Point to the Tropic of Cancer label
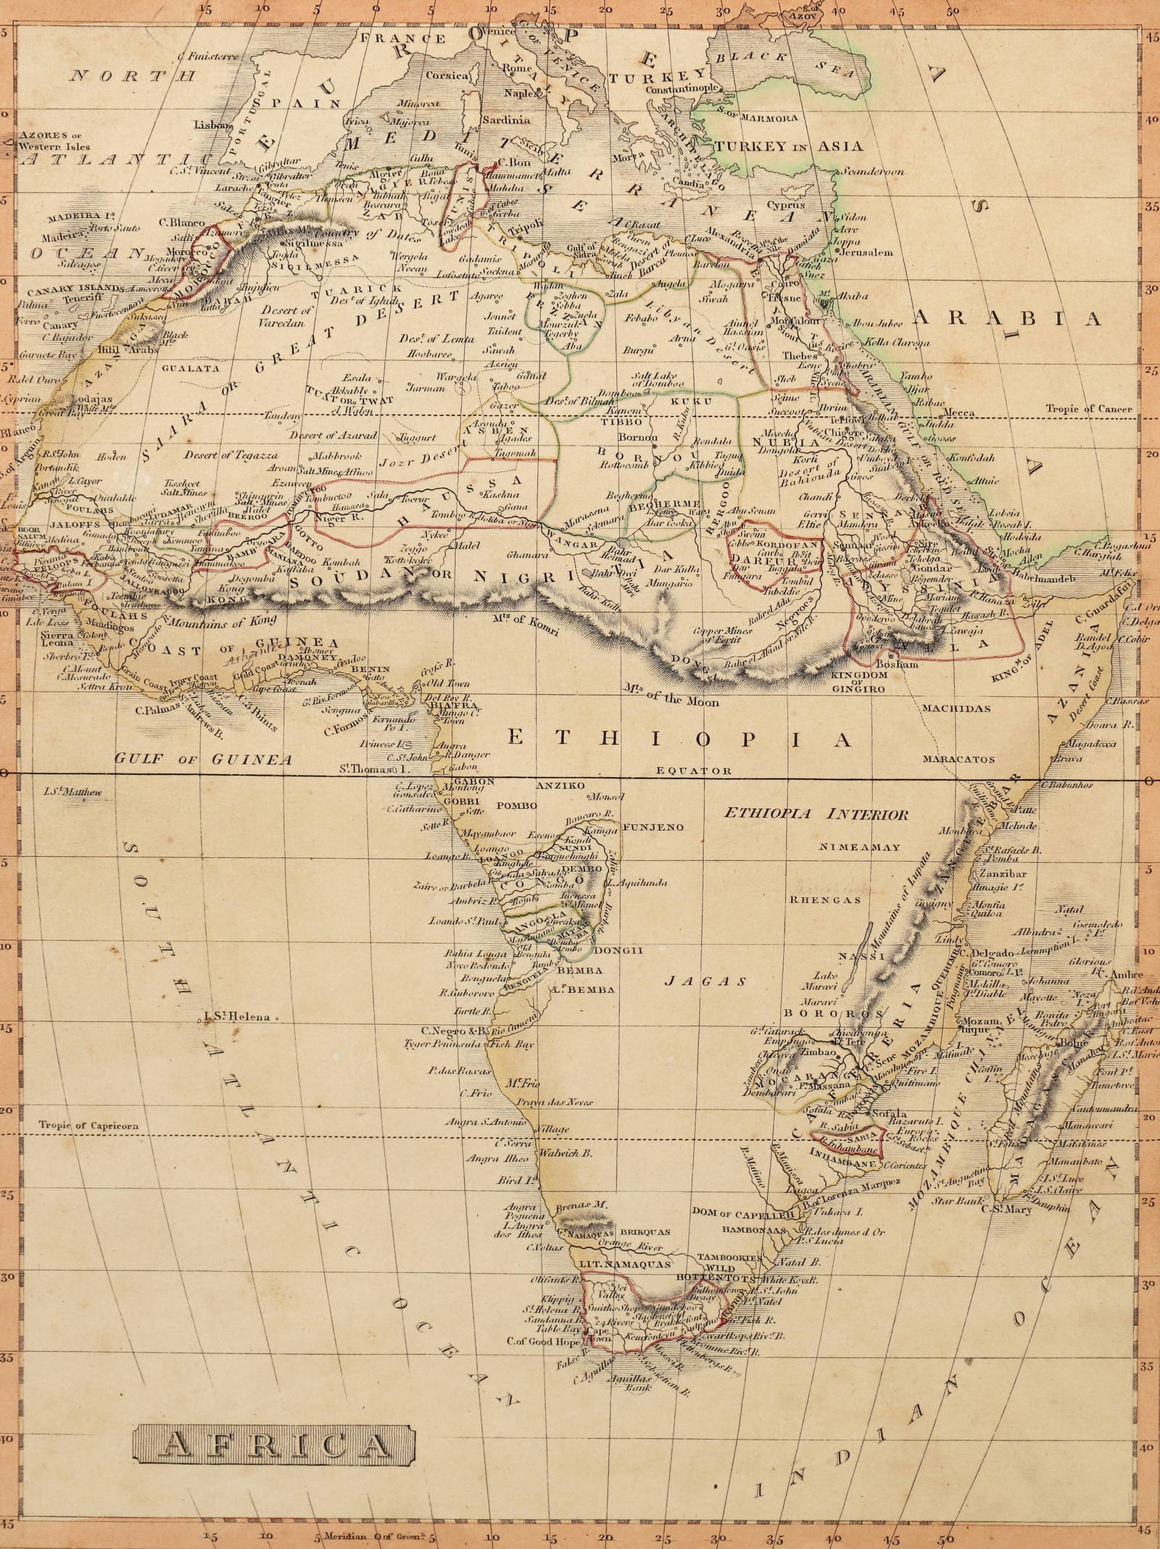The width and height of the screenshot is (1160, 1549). [1088, 409]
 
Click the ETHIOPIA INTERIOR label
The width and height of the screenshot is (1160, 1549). [816, 815]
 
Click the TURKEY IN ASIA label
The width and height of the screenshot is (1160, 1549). [790, 146]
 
